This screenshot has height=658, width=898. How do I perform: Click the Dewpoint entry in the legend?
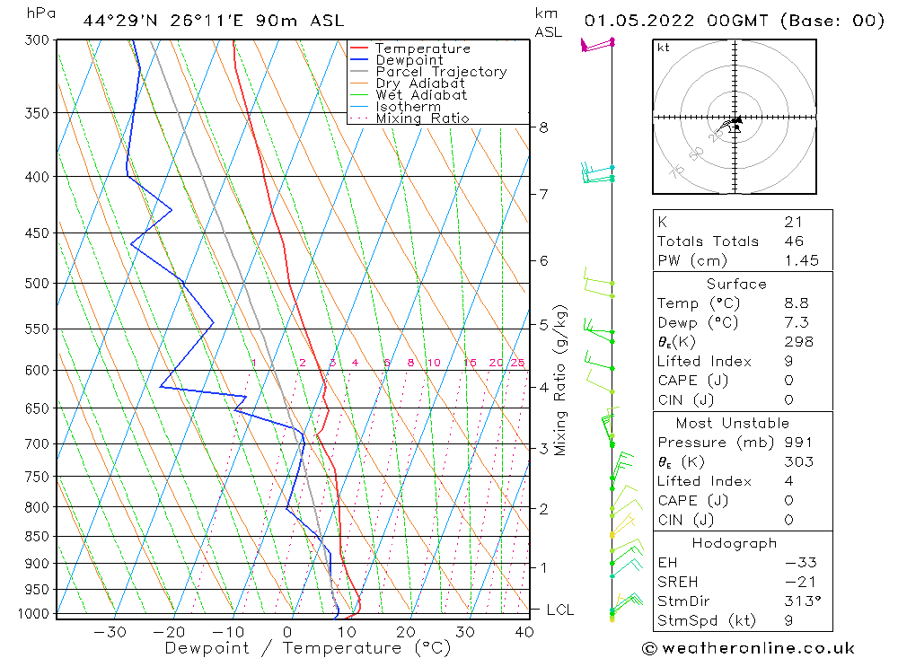click(409, 60)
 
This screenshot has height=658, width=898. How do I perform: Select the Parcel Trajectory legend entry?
click(441, 72)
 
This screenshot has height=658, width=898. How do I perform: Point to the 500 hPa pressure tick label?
click(39, 284)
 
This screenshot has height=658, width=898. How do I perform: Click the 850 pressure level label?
click(39, 537)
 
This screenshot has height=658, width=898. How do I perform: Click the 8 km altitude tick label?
click(543, 127)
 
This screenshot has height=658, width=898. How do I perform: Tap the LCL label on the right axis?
click(559, 610)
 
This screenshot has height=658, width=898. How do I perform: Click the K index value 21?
click(793, 222)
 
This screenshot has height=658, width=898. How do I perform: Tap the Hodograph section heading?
click(735, 543)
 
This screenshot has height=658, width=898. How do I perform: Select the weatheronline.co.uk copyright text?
click(749, 648)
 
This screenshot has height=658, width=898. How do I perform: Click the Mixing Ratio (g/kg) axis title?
click(561, 380)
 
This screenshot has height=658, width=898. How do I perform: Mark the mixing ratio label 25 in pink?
click(517, 363)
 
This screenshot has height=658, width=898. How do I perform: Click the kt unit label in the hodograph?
click(663, 48)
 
